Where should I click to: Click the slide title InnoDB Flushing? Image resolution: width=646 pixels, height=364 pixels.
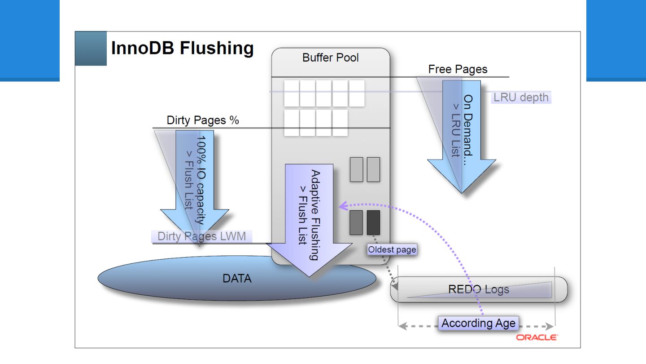(x=182, y=48)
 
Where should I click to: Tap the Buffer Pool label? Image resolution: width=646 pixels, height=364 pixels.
(x=331, y=58)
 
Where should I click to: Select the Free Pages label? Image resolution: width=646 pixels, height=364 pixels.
(x=458, y=69)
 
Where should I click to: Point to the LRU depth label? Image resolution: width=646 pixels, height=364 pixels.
(x=521, y=97)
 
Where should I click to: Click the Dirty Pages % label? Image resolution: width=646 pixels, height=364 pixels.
(x=203, y=120)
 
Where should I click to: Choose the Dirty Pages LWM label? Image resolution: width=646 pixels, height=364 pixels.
(x=202, y=236)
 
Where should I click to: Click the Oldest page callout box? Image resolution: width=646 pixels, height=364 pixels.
(x=392, y=249)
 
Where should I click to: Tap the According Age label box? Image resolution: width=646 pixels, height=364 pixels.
(x=478, y=323)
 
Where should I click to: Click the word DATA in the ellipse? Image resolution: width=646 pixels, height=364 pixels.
(x=237, y=278)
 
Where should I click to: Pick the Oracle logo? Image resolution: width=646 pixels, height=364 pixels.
(x=537, y=337)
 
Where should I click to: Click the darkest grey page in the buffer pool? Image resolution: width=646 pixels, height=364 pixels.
(x=373, y=222)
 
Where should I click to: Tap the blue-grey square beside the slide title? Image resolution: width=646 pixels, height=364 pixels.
(x=91, y=49)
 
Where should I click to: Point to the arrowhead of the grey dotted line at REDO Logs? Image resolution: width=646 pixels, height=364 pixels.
(x=395, y=285)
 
